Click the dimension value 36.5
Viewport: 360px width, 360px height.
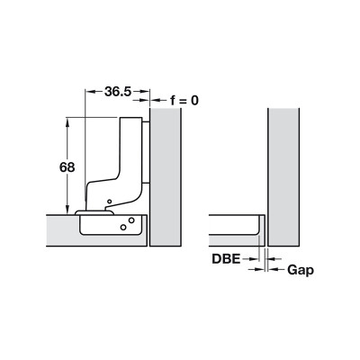(x=118, y=92)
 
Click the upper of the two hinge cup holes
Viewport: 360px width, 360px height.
(x=131, y=219)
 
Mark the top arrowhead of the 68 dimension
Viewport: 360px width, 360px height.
(x=67, y=122)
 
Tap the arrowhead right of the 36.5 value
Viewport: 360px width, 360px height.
(x=145, y=92)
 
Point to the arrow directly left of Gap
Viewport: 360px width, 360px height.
(x=274, y=268)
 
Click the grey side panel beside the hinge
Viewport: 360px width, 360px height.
(x=166, y=180)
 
